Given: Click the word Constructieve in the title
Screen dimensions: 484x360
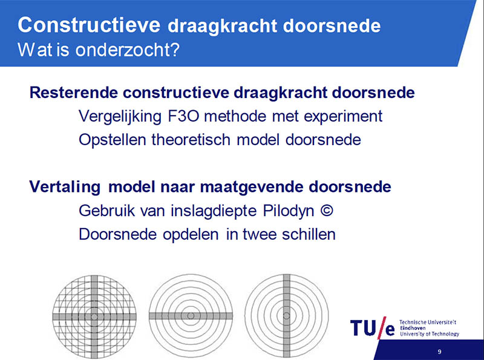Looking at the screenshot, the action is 89,25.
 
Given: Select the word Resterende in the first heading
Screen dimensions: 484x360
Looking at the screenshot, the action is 74,93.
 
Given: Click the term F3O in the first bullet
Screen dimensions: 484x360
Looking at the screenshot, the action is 184,116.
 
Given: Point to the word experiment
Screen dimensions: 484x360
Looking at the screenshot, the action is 343,117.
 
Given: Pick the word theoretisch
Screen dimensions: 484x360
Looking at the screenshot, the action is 191,140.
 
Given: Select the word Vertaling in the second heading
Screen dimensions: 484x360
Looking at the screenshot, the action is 65,187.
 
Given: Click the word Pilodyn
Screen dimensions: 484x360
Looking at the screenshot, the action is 289,211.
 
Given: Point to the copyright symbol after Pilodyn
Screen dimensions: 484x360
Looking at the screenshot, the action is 327,211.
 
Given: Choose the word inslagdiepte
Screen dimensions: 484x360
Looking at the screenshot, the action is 214,211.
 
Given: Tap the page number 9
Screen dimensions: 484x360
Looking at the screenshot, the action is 440,352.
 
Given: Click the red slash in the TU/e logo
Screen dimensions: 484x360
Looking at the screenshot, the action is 382,327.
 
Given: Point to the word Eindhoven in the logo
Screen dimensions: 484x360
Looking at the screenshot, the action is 413,328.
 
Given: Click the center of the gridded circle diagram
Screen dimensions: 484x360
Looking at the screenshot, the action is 94,316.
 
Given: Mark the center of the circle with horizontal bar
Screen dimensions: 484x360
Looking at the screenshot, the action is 191,316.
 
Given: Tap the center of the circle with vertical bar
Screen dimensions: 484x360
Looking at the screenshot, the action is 286,316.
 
